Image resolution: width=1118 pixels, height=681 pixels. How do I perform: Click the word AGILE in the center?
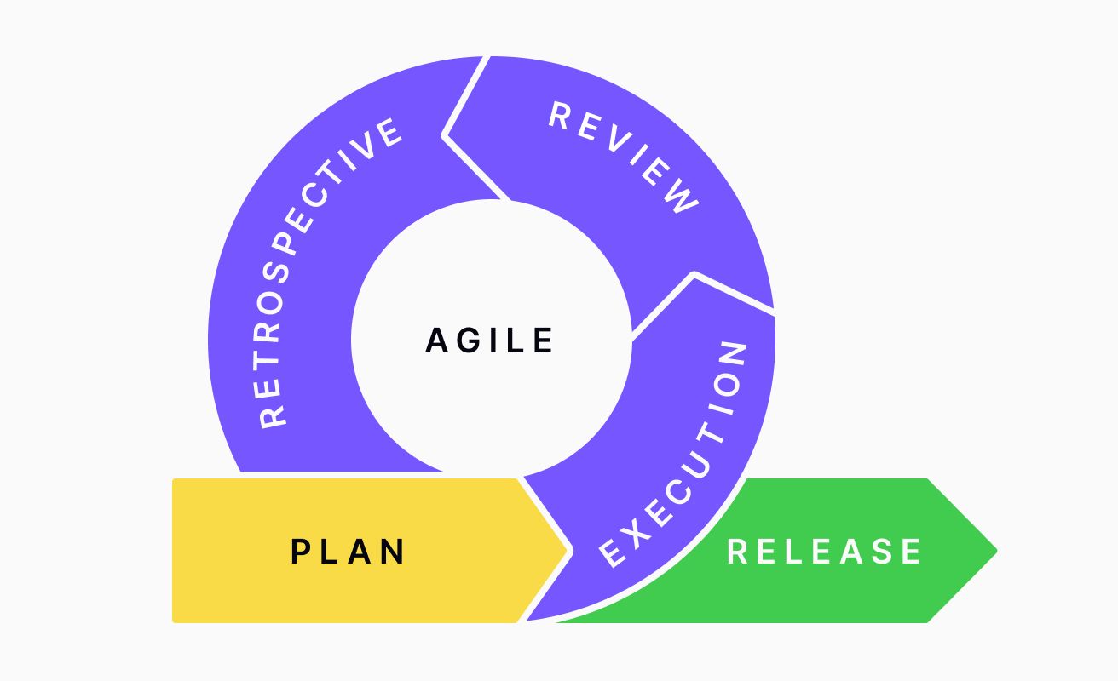pyautogui.click(x=490, y=340)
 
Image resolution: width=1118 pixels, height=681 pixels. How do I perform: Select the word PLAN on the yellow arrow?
pyautogui.click(x=349, y=552)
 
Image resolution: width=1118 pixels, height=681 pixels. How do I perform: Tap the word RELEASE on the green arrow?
pyautogui.click(x=824, y=552)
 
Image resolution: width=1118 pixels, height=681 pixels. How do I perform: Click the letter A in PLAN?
pyautogui.click(x=362, y=552)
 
